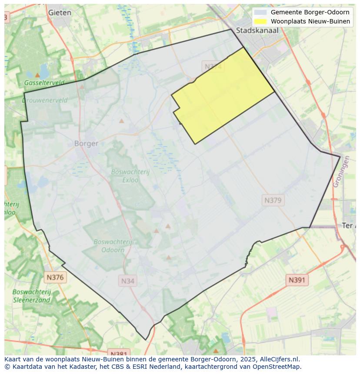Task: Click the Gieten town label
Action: (x=60, y=13)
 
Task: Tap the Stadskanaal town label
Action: (x=257, y=30)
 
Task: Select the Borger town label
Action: (x=86, y=143)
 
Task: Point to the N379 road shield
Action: (x=273, y=200)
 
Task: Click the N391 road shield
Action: (x=297, y=280)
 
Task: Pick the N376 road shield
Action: (x=55, y=277)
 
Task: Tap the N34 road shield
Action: (x=127, y=281)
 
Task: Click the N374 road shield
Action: (x=213, y=66)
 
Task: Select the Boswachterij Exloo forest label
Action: (x=130, y=175)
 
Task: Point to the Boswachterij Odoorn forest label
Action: (x=113, y=245)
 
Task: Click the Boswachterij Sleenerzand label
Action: (x=32, y=295)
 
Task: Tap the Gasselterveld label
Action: (x=44, y=83)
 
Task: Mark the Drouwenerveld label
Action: (x=45, y=100)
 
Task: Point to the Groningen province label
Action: (x=341, y=172)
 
